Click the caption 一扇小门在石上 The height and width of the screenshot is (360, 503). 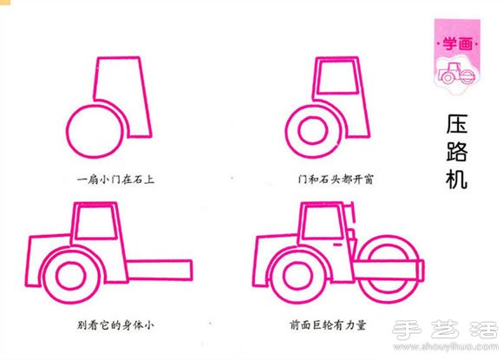click(x=116, y=179)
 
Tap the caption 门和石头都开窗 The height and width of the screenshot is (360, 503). click(x=336, y=179)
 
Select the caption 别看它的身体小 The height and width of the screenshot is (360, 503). click(x=116, y=325)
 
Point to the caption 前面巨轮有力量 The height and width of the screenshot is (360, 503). click(x=328, y=325)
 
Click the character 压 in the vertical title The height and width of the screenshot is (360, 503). click(x=457, y=124)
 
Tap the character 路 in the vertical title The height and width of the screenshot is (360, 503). click(x=457, y=151)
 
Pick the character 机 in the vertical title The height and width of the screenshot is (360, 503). click(x=457, y=178)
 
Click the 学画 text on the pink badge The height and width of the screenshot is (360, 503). click(x=457, y=43)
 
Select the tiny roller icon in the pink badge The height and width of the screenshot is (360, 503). click(x=457, y=74)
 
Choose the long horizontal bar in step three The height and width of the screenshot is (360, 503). click(x=160, y=270)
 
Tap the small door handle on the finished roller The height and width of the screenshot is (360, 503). click(x=338, y=245)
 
